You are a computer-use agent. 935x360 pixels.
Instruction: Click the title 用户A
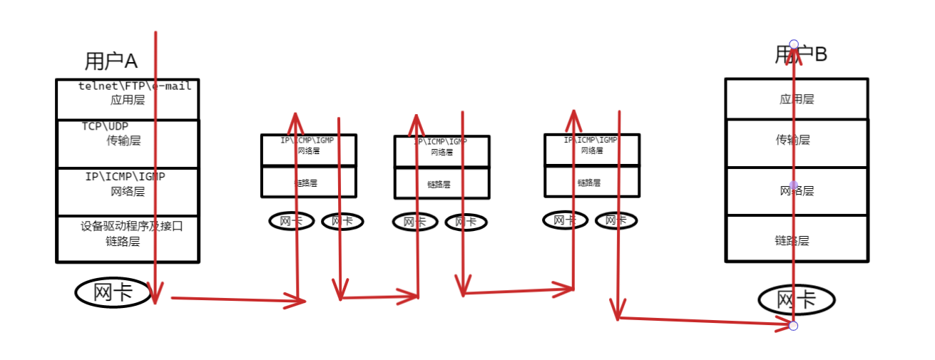click(110, 61)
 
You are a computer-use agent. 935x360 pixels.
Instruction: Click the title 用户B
click(801, 55)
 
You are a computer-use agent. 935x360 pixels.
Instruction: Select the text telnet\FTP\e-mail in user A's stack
click(135, 86)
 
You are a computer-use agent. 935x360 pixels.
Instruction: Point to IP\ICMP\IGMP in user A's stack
click(125, 176)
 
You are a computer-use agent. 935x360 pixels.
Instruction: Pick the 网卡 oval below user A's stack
click(113, 292)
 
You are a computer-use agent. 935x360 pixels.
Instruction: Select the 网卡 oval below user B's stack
click(796, 300)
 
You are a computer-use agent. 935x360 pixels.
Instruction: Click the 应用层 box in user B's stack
click(797, 99)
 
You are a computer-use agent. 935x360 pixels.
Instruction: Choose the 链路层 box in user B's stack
click(797, 240)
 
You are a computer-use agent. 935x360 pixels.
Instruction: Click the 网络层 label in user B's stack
click(797, 190)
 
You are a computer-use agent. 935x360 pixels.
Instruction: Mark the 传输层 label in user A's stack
click(123, 141)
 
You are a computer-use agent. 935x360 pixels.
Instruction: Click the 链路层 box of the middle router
click(441, 183)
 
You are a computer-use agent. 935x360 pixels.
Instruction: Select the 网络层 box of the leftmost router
click(308, 150)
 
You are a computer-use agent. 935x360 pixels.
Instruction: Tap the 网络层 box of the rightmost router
click(592, 150)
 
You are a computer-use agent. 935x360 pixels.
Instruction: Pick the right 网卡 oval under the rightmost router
click(615, 220)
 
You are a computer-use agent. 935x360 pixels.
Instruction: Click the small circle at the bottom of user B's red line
click(793, 326)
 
